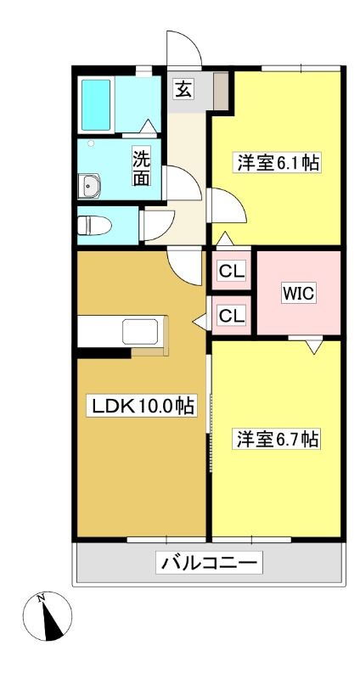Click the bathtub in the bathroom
96,104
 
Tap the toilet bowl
94,226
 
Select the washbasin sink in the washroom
89,186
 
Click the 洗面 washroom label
142,168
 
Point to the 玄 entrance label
183,90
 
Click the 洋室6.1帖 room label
278,163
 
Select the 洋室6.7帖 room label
278,439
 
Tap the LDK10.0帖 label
142,406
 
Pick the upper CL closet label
232,272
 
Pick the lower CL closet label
232,315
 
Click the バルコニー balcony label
209,563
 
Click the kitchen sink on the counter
140,332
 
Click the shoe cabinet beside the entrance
221,91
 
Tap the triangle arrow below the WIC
314,346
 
